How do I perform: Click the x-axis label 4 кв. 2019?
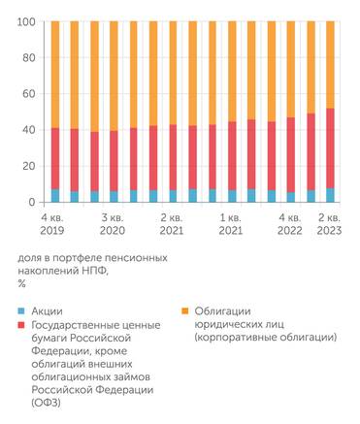(54, 226)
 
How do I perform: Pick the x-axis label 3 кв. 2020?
(114, 226)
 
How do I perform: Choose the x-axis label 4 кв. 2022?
(290, 226)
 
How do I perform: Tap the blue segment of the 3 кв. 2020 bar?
(115, 196)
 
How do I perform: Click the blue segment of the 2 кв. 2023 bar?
(330, 195)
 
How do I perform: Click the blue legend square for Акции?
(22, 311)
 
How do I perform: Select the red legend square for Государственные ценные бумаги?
(22, 327)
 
